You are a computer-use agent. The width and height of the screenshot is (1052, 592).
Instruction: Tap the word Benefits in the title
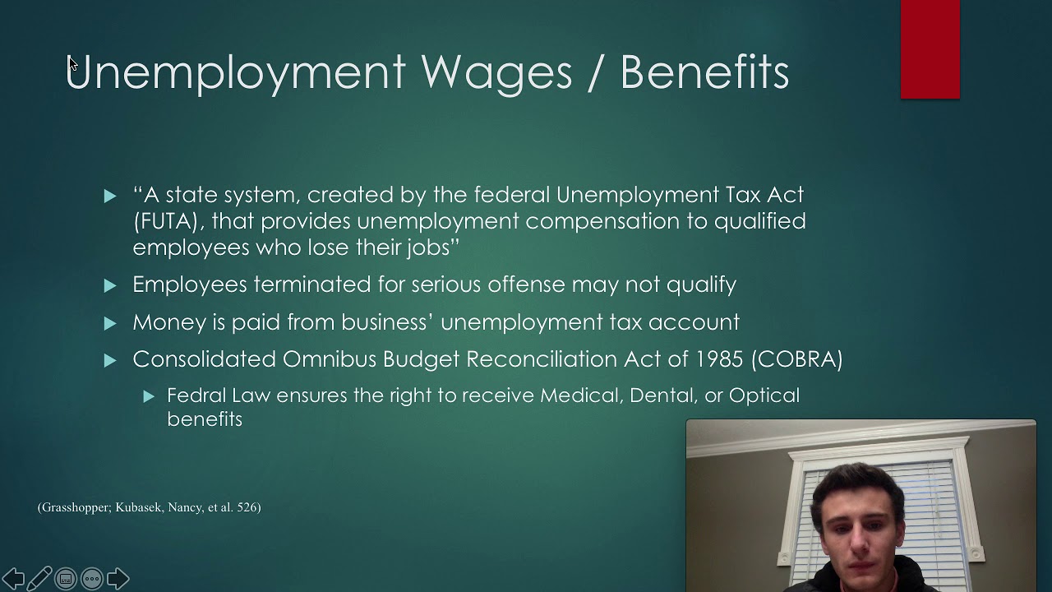tap(704, 72)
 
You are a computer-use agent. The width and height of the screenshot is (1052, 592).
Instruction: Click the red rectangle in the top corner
tap(930, 49)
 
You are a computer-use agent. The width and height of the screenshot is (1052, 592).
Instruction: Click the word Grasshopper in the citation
tap(76, 507)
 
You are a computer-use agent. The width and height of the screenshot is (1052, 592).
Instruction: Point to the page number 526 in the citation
tap(247, 507)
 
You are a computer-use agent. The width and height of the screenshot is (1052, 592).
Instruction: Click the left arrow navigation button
tap(13, 579)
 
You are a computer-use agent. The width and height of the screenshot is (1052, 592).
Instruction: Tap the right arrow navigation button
tap(118, 579)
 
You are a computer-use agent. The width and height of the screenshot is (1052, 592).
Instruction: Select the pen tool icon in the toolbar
tap(39, 579)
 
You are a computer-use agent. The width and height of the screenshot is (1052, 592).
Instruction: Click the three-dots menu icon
tap(92, 579)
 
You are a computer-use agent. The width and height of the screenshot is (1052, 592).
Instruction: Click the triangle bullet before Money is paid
tap(110, 323)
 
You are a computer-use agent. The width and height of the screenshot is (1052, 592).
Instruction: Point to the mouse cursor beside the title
tap(72, 64)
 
